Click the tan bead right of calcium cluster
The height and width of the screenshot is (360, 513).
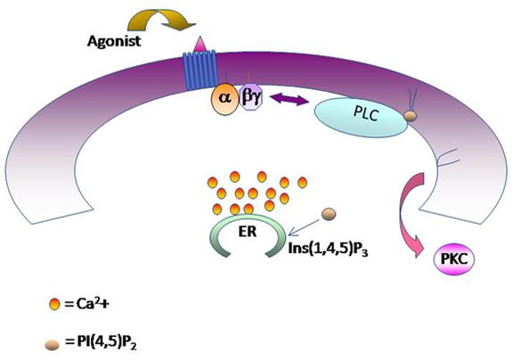330,212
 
